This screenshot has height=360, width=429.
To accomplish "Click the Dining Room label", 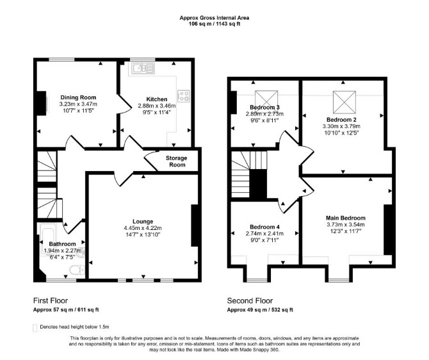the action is coord(78,97).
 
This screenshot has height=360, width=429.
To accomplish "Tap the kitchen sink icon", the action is coord(143,68).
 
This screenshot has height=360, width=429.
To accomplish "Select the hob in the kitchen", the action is coord(184,96).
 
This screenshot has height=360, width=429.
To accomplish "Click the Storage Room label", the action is coord(177,161).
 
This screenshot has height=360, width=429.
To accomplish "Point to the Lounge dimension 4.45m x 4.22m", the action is coord(143,228).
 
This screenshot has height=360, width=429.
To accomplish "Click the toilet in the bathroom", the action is coord(77,270).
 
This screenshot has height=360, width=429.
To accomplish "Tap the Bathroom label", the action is coord(62,244).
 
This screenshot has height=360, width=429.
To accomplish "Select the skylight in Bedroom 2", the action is coord(344,102).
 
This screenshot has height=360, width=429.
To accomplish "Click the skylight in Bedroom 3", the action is coord(266,98).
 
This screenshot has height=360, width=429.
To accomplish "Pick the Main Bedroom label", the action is coord(346,218).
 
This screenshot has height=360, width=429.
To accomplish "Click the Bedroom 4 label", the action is coord(264,227).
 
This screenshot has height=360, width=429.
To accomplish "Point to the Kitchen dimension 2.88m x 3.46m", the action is coord(157,106).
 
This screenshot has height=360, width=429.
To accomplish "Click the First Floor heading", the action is coord(51,300).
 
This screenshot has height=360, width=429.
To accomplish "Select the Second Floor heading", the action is coord(250,301).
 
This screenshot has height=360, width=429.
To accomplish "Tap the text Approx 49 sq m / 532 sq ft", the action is coord(260,310).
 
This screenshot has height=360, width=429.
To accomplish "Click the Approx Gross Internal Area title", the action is coord(214,18).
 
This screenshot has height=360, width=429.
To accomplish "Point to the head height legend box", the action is coord(35,327).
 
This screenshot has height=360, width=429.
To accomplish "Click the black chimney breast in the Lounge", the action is coord(195,225).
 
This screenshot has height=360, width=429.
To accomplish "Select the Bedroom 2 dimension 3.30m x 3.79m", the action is coord(341,126).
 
